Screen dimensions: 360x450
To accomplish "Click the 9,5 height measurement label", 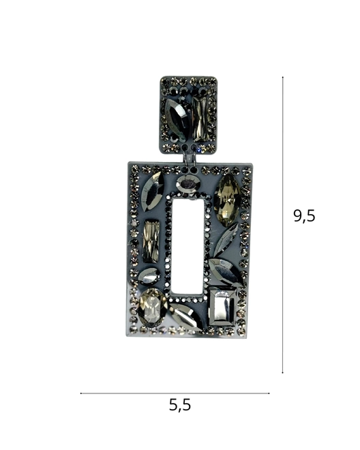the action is (304, 216).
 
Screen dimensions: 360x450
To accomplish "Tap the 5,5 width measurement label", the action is (180, 405).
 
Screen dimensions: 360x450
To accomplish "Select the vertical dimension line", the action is (283, 225).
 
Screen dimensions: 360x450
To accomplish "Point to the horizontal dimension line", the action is (175, 393).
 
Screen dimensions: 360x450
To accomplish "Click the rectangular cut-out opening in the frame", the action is (188, 246).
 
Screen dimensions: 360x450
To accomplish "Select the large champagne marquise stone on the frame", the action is (228, 200).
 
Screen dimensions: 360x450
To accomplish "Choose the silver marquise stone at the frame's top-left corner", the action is (153, 192).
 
